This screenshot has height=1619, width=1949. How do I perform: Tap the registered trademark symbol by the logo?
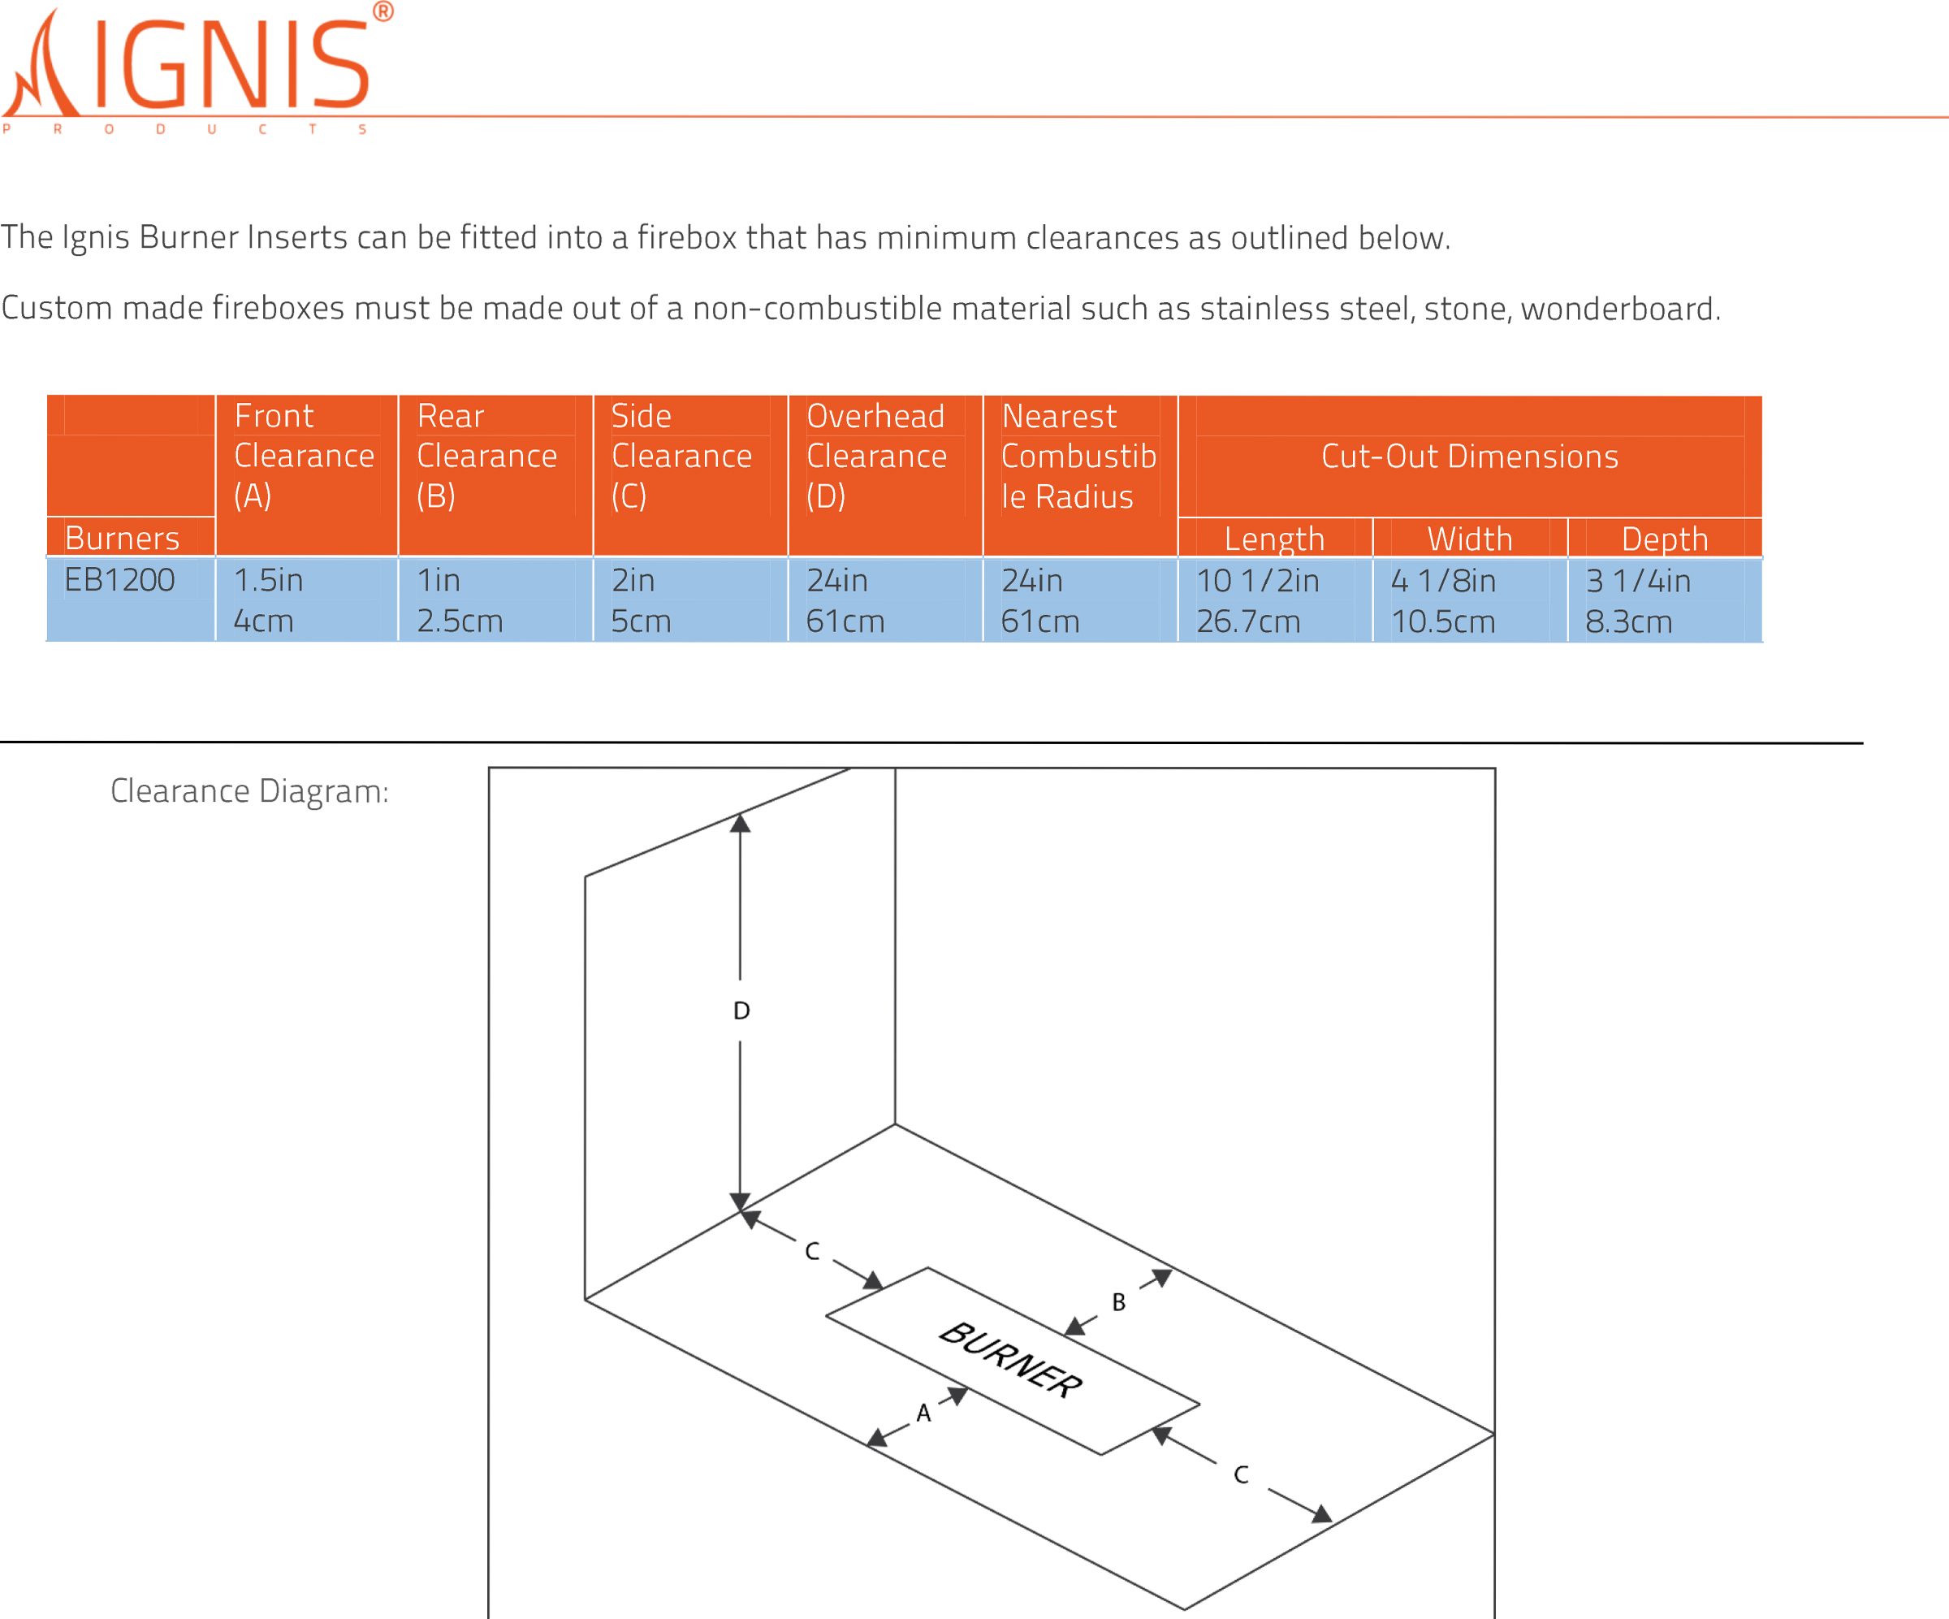click(382, 12)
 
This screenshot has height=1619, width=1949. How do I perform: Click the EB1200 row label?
click(119, 580)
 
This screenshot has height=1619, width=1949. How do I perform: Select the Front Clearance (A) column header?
click(304, 456)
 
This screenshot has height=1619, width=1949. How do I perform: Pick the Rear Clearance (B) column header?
click(486, 456)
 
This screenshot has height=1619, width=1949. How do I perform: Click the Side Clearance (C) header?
click(681, 456)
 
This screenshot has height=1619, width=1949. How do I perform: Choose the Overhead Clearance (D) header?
click(876, 456)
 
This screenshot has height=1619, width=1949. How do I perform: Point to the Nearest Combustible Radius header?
click(1078, 456)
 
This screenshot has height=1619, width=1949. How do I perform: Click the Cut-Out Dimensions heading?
click(1469, 456)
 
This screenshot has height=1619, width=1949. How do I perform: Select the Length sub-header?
click(1273, 539)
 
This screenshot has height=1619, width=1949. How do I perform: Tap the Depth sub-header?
click(1664, 539)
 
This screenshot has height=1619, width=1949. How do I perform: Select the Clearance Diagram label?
click(249, 791)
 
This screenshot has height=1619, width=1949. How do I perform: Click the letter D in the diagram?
click(741, 1011)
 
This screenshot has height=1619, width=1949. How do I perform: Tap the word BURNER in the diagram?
click(1011, 1360)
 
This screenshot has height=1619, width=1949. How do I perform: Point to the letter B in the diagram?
click(1118, 1302)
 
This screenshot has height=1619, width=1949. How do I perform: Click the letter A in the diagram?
click(923, 1413)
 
